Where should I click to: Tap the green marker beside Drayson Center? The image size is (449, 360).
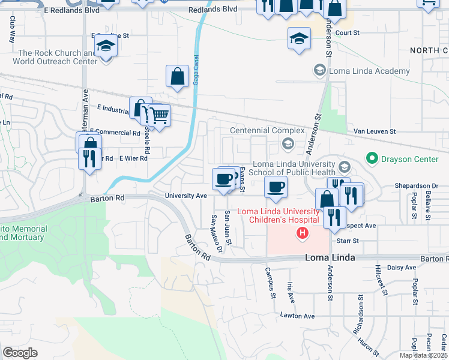click(x=372, y=159)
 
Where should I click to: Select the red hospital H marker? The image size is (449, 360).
click(x=303, y=233)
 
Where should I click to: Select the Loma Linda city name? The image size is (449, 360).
click(x=330, y=257)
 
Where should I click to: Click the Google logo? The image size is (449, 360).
click(x=20, y=353)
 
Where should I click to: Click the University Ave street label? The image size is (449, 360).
click(x=186, y=196)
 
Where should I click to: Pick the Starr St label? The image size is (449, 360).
click(x=348, y=241)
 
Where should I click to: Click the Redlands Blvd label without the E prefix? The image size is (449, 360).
click(x=212, y=10)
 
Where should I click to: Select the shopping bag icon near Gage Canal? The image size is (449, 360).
click(x=178, y=76)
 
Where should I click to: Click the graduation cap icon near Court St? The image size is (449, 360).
click(x=299, y=39)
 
